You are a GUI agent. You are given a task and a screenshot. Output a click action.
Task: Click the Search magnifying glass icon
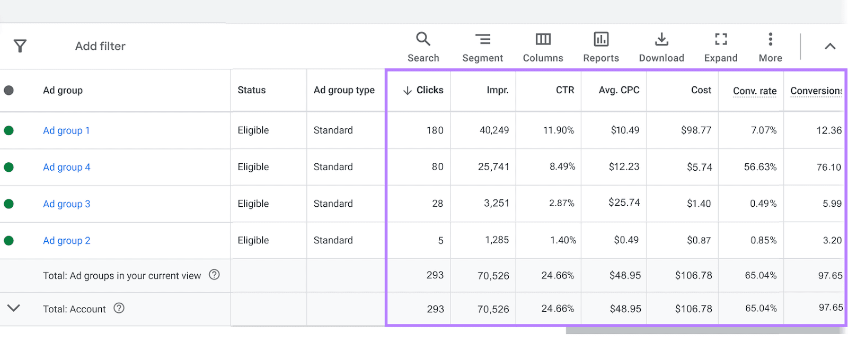coord(423,39)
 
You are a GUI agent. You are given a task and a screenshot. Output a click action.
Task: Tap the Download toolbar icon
coord(661,39)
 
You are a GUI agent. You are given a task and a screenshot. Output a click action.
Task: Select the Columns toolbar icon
coord(543,39)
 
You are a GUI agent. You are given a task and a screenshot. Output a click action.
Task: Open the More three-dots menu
coord(770,39)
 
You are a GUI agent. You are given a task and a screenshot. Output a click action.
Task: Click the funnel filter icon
coord(20,46)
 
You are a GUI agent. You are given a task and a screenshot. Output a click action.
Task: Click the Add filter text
coord(100,46)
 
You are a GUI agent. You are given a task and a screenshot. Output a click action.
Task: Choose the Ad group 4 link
coord(67,167)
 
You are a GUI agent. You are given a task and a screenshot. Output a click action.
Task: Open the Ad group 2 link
coord(67,241)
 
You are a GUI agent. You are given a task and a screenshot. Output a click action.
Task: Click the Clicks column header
coord(429,90)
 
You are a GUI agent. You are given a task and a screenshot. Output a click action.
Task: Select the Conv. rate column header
coord(754,91)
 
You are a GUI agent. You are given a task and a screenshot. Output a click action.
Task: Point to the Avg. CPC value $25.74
coord(624,203)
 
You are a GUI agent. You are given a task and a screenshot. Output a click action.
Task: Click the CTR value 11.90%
coord(558,130)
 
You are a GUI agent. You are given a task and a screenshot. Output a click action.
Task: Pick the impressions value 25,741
coord(493,167)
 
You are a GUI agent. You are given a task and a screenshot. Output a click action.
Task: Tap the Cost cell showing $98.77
coord(696,130)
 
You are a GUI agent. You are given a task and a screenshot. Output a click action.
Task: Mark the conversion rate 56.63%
coord(760,167)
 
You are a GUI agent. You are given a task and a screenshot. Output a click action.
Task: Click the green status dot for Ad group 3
coord(8,204)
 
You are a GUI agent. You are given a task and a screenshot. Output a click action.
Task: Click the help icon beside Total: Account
coord(119,308)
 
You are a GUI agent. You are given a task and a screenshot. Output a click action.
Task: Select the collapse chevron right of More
coord(830,47)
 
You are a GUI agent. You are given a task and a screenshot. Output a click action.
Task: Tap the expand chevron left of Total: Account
coord(14,308)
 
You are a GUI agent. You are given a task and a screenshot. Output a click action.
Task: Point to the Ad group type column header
coord(344,90)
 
